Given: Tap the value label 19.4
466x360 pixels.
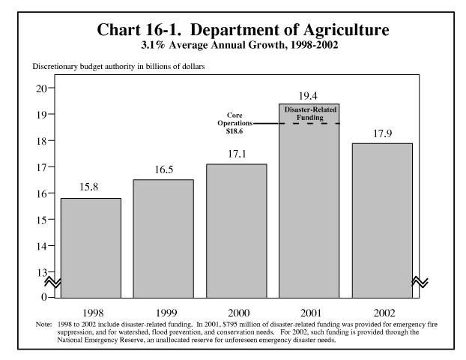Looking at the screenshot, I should click(309, 95).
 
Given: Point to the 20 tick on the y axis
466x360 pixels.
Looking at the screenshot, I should click(40, 88).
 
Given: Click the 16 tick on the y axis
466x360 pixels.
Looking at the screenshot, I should click(40, 193).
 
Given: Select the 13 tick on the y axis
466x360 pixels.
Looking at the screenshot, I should click(40, 272).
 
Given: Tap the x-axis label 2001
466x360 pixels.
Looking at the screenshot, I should click(309, 309).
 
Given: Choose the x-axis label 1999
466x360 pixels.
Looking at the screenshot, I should click(163, 309).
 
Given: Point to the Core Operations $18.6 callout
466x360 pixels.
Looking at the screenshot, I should click(240, 122).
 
